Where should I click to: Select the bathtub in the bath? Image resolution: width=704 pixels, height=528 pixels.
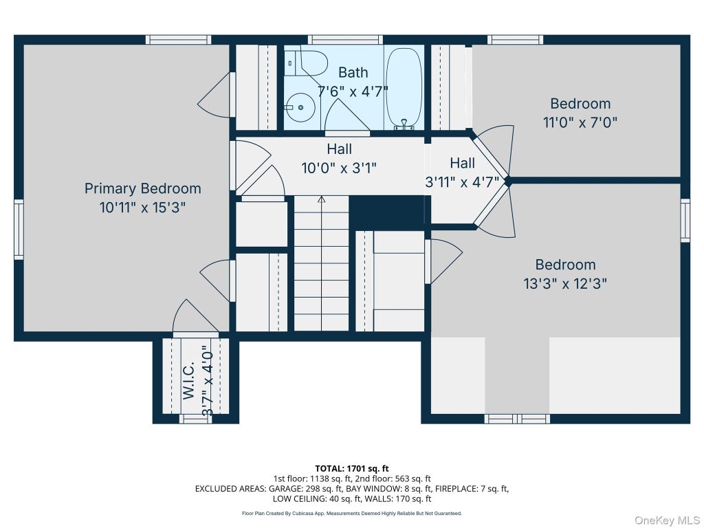(404, 89)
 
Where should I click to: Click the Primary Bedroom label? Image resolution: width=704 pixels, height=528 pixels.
(143, 188)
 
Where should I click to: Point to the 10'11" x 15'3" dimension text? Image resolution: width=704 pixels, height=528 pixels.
(143, 208)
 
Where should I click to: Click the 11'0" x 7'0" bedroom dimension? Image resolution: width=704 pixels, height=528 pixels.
(580, 122)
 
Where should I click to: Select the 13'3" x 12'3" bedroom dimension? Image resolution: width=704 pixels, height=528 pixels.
(565, 284)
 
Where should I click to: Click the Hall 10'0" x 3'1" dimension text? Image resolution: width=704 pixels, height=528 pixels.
(339, 168)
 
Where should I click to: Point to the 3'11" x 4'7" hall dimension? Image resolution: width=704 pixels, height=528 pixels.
(463, 182)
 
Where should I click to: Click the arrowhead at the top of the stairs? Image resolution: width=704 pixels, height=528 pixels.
(322, 199)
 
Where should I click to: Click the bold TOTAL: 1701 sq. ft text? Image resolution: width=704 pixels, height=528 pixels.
(352, 469)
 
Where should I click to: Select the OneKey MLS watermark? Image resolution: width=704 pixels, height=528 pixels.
(667, 520)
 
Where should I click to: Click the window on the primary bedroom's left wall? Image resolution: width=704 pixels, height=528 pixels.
(19, 230)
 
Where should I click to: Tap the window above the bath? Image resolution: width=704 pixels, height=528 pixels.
(345, 39)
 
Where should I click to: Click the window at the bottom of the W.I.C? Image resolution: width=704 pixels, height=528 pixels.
(196, 419)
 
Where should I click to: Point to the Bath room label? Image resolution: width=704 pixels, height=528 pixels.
(353, 72)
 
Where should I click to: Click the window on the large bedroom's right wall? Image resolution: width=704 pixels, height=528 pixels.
(685, 221)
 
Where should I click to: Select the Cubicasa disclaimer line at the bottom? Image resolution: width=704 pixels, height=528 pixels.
(352, 513)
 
